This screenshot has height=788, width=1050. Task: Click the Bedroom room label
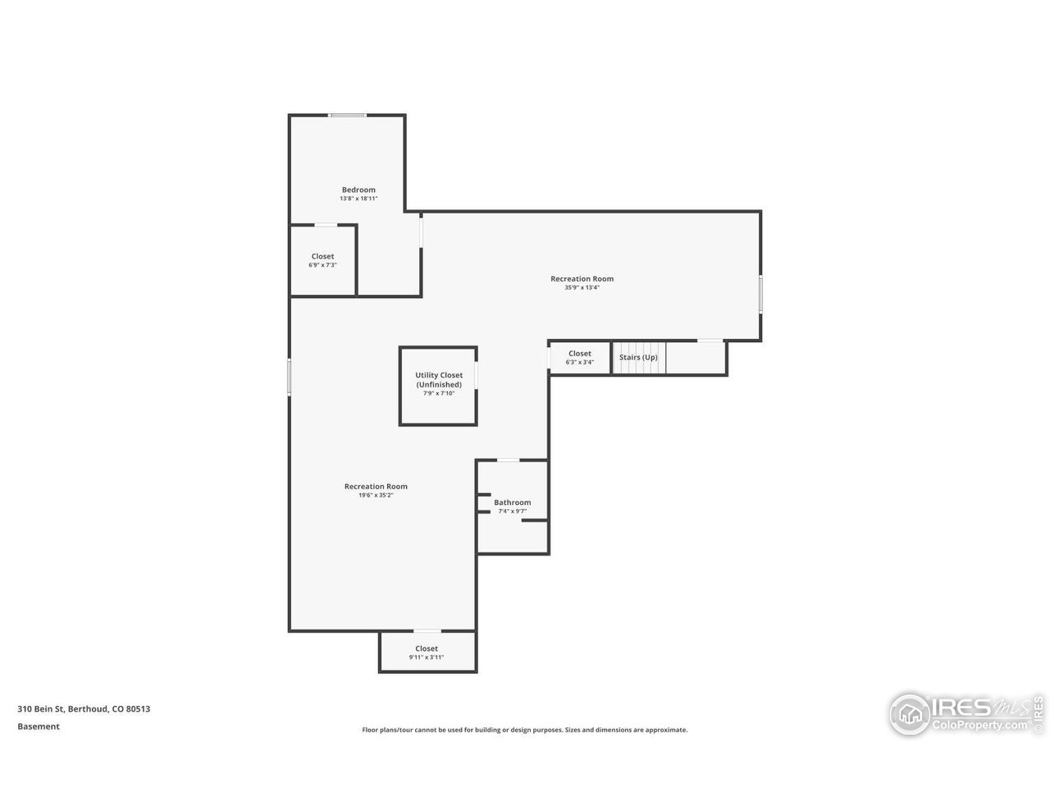(358, 190)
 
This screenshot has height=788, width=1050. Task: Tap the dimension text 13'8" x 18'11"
(358, 199)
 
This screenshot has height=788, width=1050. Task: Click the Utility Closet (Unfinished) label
(439, 379)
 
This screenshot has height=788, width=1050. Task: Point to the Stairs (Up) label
(638, 357)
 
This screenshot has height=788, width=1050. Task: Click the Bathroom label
(512, 502)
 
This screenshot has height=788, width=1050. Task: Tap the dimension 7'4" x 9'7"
(512, 511)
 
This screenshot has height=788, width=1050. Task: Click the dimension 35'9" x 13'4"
(582, 288)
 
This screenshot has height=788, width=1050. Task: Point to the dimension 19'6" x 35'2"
(376, 496)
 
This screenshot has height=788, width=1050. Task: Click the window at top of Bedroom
(347, 115)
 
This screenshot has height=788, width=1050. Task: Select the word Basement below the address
(39, 726)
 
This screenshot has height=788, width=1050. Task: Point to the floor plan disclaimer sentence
(525, 730)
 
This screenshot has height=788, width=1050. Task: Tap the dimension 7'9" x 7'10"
(439, 393)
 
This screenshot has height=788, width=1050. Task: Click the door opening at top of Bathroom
(509, 460)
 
